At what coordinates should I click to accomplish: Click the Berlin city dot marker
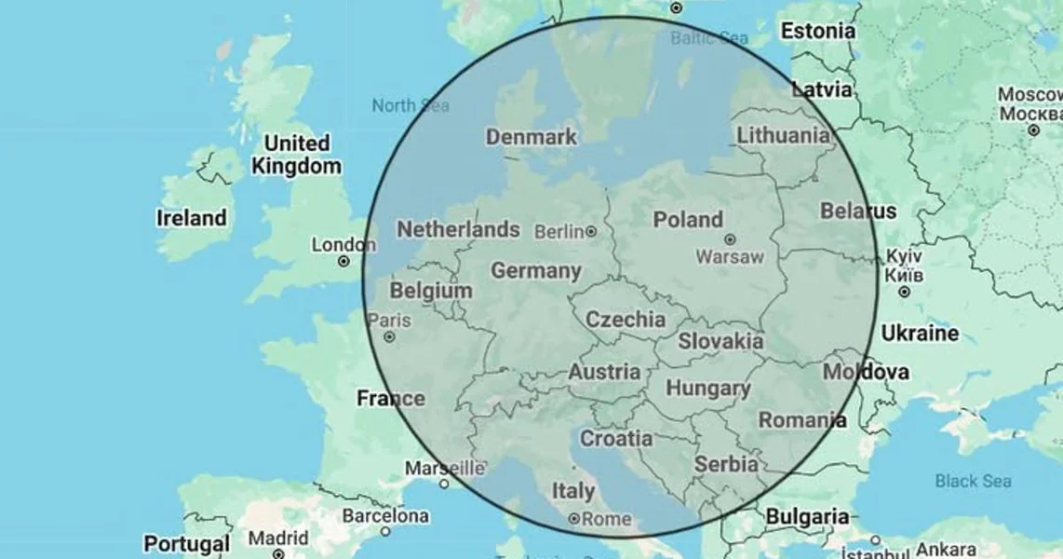[591, 231]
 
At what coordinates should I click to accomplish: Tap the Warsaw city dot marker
[730, 239]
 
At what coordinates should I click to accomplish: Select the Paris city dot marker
[390, 337]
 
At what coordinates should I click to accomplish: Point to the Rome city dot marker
[574, 519]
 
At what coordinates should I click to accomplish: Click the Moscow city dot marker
[1033, 130]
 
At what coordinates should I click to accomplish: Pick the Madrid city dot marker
[278, 554]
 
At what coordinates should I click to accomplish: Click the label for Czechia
[626, 320]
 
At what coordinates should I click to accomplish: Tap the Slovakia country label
[720, 342]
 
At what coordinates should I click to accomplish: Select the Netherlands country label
[458, 229]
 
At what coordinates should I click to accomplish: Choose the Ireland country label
[191, 218]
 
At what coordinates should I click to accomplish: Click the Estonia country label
[817, 31]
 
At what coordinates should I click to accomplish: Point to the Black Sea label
[973, 481]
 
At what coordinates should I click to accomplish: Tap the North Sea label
[410, 105]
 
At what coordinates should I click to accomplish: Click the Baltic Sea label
[709, 38]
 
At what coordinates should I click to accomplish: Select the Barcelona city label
[385, 515]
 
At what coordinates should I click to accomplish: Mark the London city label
[343, 245]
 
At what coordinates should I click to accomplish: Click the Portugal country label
[186, 544]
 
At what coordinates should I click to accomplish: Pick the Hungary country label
[707, 389]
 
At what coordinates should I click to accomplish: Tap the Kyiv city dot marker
[904, 292]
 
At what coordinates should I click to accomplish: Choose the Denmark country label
[531, 137]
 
